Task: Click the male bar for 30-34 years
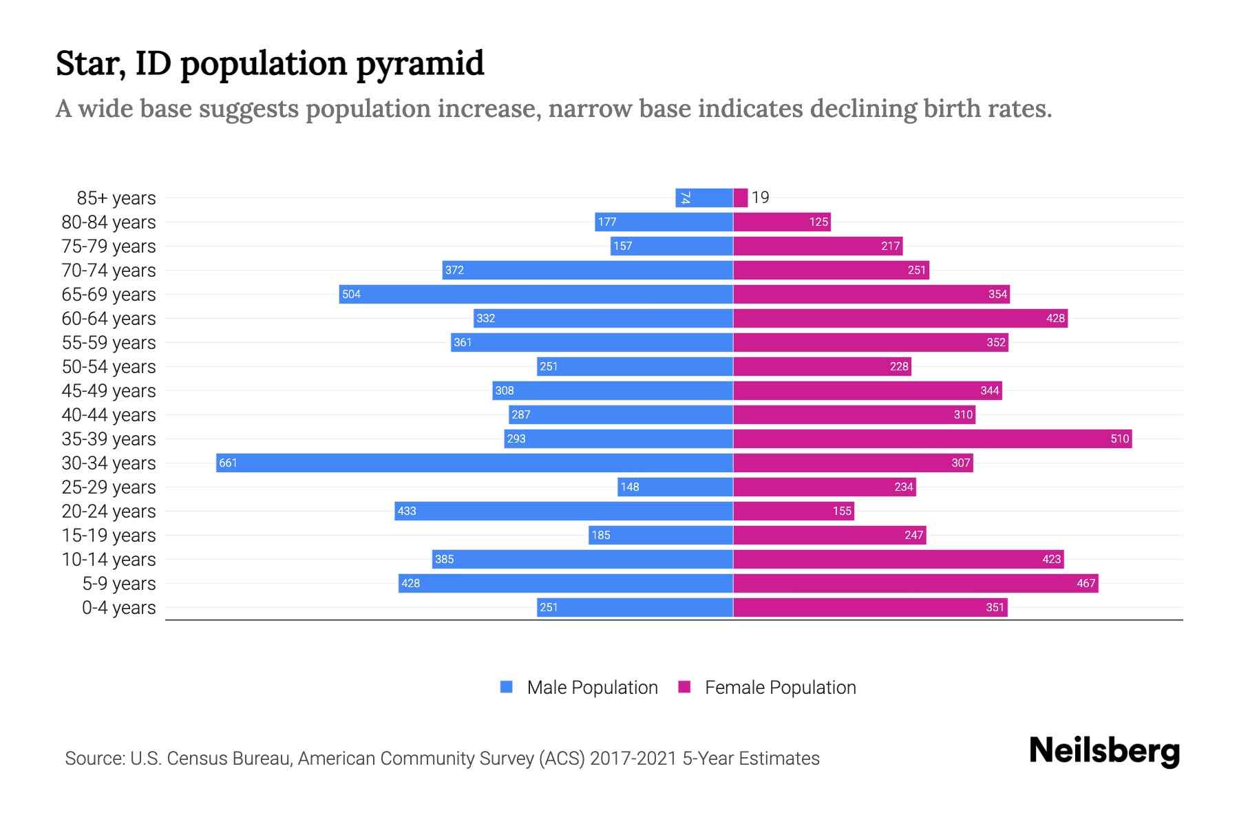(475, 463)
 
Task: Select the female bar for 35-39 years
(933, 438)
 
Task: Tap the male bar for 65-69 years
(536, 294)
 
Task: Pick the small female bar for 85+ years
(741, 198)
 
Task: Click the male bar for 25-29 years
(675, 487)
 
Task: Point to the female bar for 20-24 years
(794, 511)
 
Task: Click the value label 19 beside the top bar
(761, 198)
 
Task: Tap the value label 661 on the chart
(228, 463)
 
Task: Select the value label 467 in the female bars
(1086, 584)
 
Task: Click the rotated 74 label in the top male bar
(685, 198)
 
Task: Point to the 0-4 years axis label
(118, 608)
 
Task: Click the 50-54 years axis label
(109, 367)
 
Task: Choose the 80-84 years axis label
(109, 222)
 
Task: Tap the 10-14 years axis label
(109, 560)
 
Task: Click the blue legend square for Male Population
(507, 687)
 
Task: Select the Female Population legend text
(780, 688)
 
